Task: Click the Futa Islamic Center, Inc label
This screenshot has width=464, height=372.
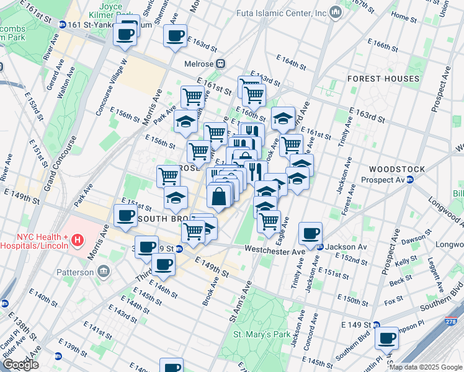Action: coord(281,12)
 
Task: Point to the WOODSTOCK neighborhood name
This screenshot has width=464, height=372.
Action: coord(396,169)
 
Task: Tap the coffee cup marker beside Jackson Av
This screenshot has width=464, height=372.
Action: coord(310,234)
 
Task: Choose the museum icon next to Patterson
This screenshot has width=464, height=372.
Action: coord(103,271)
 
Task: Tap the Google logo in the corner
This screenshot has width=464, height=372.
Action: coord(20,365)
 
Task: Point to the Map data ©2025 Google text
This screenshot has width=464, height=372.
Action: coord(425,367)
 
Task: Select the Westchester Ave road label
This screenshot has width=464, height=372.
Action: coord(275,250)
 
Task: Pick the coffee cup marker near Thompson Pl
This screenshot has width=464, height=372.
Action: coord(387,339)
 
